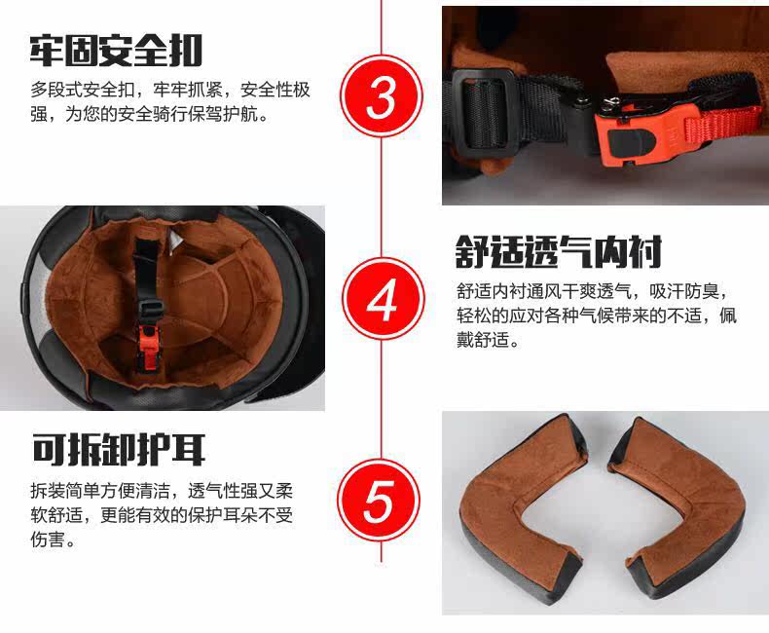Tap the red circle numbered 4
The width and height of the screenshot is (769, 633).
(382, 299)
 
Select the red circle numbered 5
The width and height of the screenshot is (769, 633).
(380, 501)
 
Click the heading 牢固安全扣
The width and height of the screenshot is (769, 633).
(116, 51)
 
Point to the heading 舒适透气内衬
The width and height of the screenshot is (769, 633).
(559, 252)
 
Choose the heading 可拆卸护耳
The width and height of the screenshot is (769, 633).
(119, 450)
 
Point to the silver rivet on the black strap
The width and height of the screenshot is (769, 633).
(582, 101)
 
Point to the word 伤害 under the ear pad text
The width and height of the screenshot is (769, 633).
(48, 539)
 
